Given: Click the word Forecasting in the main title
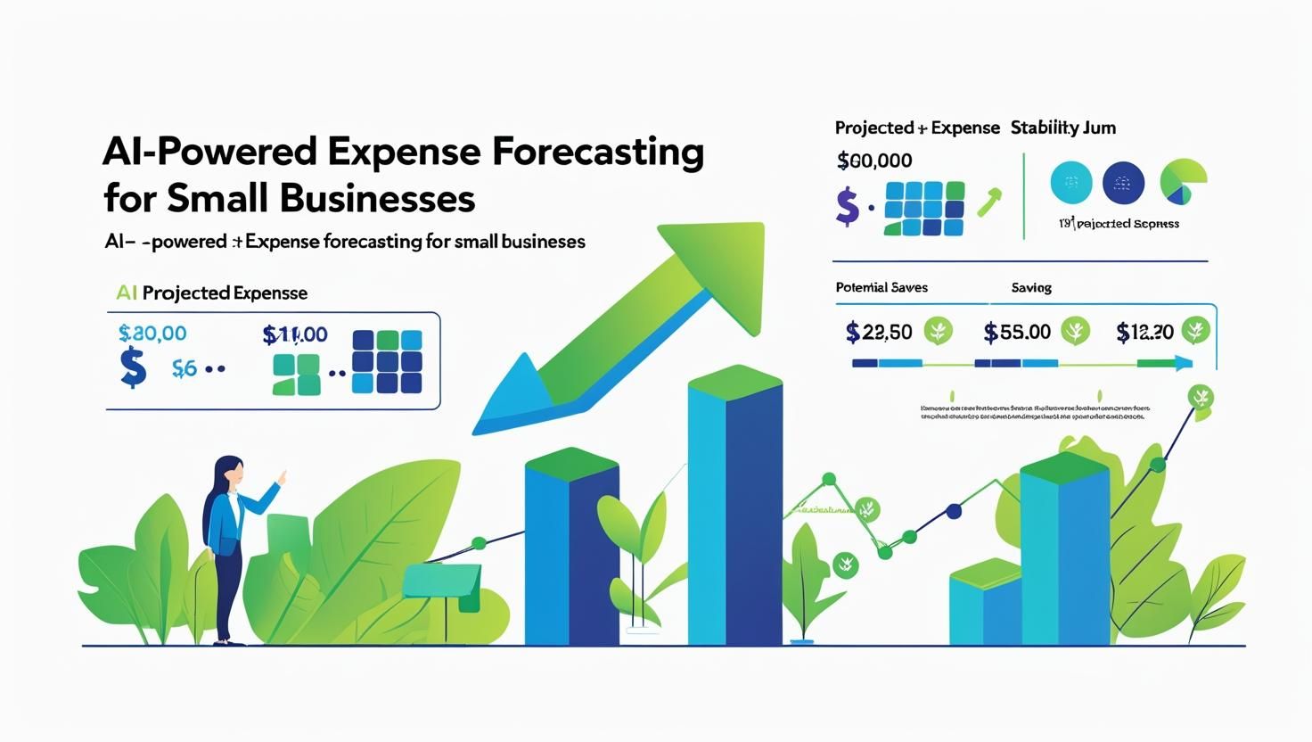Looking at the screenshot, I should pos(597,152).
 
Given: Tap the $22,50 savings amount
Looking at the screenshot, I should pos(879,333).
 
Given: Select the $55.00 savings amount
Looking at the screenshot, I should pos(1017,333).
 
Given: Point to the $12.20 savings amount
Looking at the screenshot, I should pos(1144,333).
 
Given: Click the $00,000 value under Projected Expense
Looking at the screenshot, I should pos(874,161).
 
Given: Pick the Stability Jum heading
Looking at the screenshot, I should pos(1062,128).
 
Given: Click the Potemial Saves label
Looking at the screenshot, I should pos(881,287).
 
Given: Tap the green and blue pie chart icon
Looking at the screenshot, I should pos(1183,182).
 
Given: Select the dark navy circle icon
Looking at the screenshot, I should pos(1123,183).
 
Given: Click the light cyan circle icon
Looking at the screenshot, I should pos(1070,183).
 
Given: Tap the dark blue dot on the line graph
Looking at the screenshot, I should pos(954,512).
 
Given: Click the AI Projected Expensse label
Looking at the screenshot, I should pos(211,293).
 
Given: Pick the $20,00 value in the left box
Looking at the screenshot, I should pos(152,334).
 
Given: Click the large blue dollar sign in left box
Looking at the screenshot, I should pos(133,368).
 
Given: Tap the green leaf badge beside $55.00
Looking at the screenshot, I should pos(1076,331).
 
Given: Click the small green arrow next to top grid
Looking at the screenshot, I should pos(989,202).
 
